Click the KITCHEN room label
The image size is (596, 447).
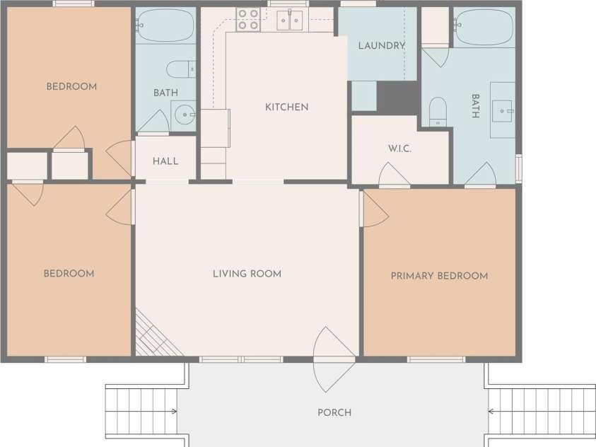(x=286, y=108)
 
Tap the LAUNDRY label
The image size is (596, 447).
(x=382, y=46)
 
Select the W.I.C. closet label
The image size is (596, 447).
(x=399, y=149)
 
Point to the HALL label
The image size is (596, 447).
(x=165, y=161)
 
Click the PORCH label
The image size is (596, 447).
(x=334, y=412)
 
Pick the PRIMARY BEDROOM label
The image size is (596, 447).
(x=439, y=276)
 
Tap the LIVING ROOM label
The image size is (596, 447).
(x=247, y=274)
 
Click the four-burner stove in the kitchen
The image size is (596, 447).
(x=248, y=19)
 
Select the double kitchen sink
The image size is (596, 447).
(x=290, y=20)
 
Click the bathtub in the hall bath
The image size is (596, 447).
(x=165, y=25)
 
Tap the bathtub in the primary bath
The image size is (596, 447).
(x=484, y=28)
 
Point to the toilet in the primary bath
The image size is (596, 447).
(x=438, y=112)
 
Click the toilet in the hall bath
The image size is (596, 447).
(x=181, y=69)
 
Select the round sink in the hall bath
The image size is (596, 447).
(x=185, y=115)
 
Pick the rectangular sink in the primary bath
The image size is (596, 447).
(x=503, y=111)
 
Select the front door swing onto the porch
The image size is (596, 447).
(x=334, y=359)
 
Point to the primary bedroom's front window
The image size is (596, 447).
(x=436, y=359)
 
